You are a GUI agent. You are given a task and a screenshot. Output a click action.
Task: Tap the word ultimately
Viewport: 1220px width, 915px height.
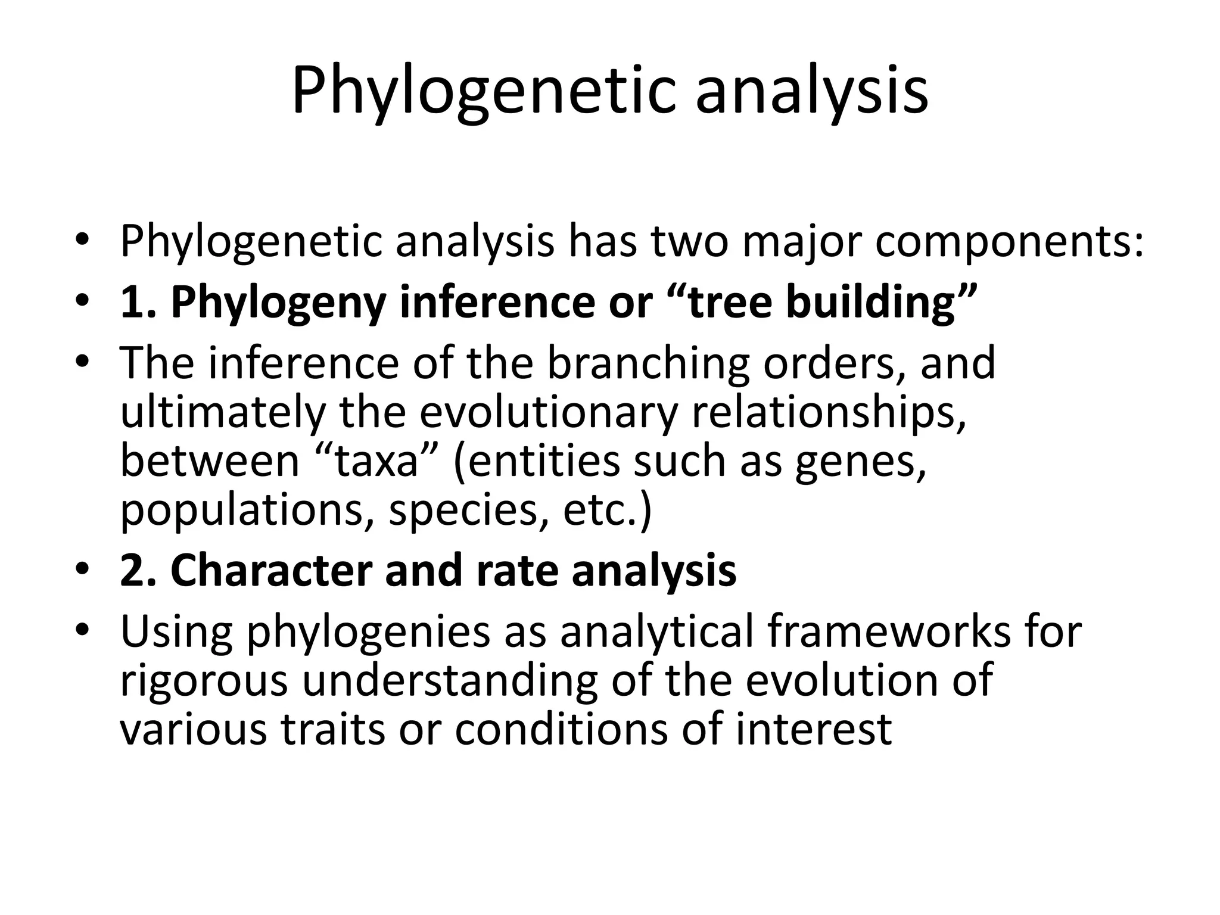pos(224,412)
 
